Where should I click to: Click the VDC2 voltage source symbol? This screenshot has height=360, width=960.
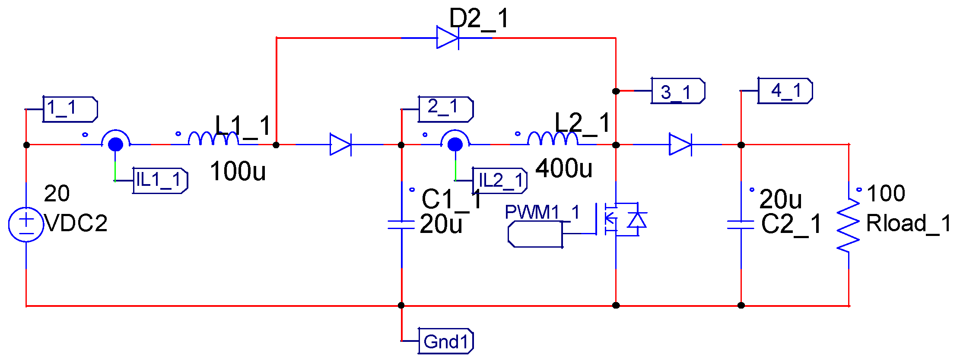click(x=26, y=224)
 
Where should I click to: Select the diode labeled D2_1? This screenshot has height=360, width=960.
click(x=448, y=38)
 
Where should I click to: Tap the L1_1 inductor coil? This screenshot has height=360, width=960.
click(x=213, y=139)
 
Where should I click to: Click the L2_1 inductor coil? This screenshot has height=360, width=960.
click(x=553, y=139)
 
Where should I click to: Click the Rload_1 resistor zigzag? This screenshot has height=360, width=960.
click(x=848, y=225)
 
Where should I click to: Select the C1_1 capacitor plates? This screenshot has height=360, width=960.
click(x=401, y=224)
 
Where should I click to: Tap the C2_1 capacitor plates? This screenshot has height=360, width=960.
click(x=741, y=224)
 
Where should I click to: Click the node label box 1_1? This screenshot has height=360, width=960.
click(x=70, y=109)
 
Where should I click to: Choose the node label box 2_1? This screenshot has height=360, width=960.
click(x=446, y=109)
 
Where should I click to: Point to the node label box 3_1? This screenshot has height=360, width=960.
click(x=678, y=91)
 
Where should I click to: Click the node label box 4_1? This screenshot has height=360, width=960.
click(x=785, y=91)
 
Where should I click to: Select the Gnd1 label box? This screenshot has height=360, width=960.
click(x=446, y=341)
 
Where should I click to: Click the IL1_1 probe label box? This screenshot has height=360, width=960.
click(x=160, y=181)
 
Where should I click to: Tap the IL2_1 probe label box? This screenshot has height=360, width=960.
click(x=500, y=181)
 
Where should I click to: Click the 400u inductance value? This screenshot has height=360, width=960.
click(x=564, y=169)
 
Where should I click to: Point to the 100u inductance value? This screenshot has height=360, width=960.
click(x=238, y=171)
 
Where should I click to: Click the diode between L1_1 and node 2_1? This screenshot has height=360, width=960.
click(x=340, y=144)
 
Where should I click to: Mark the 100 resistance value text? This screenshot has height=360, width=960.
click(x=886, y=193)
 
